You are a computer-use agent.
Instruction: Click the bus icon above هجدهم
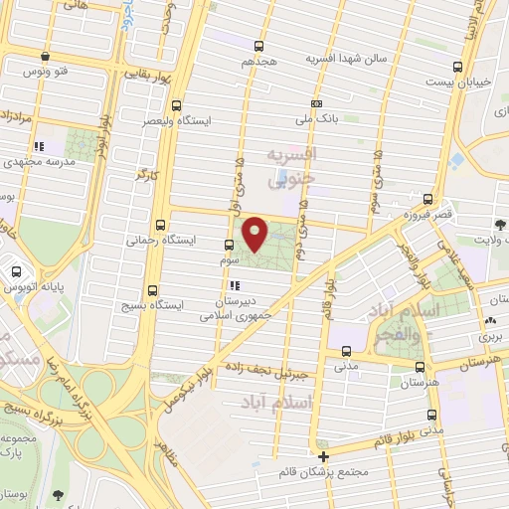pos(259,46)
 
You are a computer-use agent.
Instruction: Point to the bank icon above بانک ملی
pos(316,103)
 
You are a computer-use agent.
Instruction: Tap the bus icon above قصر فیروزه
pos(427,199)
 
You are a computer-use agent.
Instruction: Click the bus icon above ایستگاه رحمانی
pos(161,225)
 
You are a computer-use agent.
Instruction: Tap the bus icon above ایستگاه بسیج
pos(152,291)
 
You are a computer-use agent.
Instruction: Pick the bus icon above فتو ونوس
pos(44,58)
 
